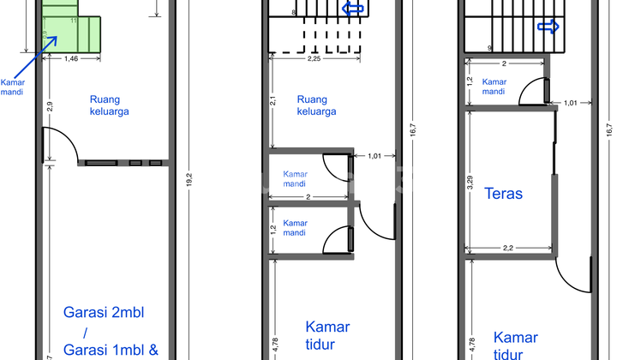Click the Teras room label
pos(503,194)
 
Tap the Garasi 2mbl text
pos(104,313)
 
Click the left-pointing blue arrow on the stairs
pos(352,9)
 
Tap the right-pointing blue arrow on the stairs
pos(547,27)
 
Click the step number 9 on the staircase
pos(489,48)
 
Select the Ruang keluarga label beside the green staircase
pos(111,104)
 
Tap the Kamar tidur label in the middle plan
pos(327,334)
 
